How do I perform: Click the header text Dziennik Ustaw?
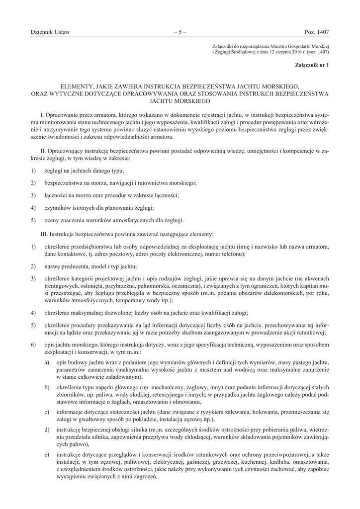pos(50,32)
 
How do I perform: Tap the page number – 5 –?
pos(180,32)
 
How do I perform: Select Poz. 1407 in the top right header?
pos(317,32)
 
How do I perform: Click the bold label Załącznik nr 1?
pos(312,65)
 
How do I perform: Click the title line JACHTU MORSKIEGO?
pos(180,100)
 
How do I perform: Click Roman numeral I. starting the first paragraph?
pos(41,115)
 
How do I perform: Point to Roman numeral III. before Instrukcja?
pos(43,233)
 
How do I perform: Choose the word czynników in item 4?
pos(59,208)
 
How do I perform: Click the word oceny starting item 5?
pos(52,220)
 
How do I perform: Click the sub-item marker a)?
pos(47,363)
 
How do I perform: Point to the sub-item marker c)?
pos(47,412)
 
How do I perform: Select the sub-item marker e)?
pos(47,455)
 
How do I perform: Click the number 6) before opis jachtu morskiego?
pos(33,344)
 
